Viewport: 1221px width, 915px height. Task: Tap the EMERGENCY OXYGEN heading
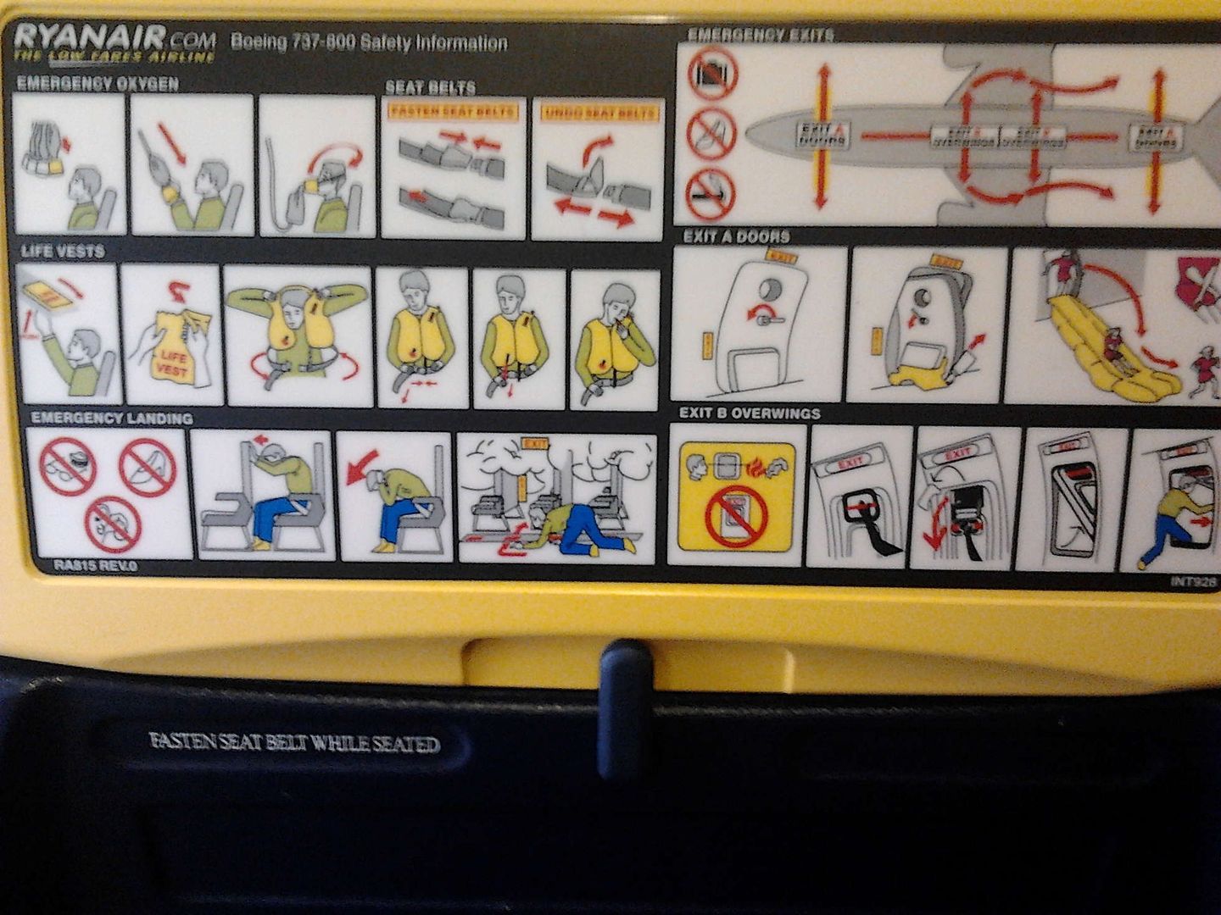pos(98,83)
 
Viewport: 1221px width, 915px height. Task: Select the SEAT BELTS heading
pos(430,87)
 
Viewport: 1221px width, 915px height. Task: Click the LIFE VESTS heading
pos(63,251)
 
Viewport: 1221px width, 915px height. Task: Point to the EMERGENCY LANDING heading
pos(112,418)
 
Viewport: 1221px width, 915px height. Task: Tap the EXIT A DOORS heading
pos(736,236)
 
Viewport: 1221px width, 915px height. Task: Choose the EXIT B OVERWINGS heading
pos(750,413)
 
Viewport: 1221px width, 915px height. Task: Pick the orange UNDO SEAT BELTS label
pos(600,112)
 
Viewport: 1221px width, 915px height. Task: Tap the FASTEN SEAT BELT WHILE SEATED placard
pos(294,743)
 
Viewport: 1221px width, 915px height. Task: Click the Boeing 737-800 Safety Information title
pos(369,42)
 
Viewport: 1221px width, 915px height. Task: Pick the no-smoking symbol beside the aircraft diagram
pos(711,192)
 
